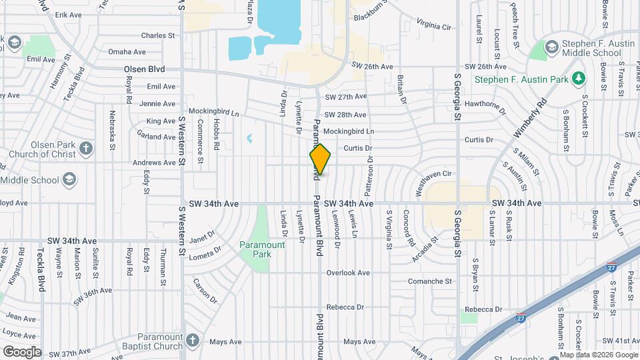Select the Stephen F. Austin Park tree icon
click(x=579, y=79)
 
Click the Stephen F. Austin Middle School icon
click(x=551, y=47)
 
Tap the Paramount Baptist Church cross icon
click(x=193, y=341)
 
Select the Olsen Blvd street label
click(x=144, y=69)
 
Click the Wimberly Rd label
click(x=531, y=119)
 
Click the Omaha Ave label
click(x=127, y=52)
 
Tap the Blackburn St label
click(x=371, y=15)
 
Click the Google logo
click(x=22, y=351)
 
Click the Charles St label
click(x=157, y=35)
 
